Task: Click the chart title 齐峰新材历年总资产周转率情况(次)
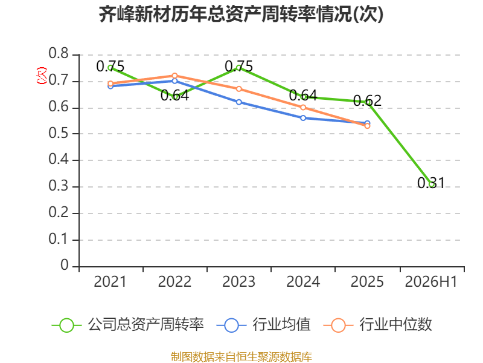[241, 14]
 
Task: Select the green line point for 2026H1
[431, 185]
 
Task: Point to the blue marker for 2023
[238, 102]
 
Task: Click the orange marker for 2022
[174, 76]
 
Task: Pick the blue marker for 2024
[303, 118]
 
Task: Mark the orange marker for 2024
[303, 108]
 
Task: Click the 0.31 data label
[431, 183]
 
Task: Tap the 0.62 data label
[367, 100]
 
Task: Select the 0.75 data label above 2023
[238, 67]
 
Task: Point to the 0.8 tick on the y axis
[59, 53]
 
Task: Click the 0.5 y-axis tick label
[59, 133]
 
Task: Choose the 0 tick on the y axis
[65, 265]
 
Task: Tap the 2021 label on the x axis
[110, 281]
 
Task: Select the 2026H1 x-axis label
[431, 281]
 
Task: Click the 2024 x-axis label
[303, 281]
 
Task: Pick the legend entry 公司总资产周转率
[128, 325]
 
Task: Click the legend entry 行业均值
[264, 325]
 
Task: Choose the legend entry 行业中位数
[378, 325]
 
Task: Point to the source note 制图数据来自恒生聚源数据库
[241, 357]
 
